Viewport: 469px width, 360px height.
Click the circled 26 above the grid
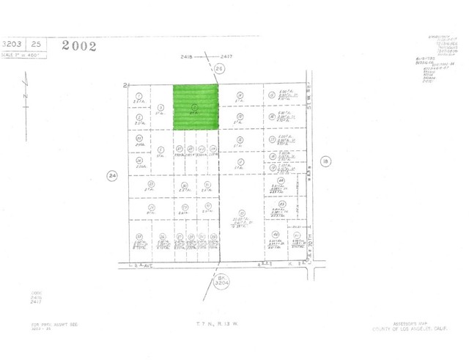pyautogui.click(x=218, y=68)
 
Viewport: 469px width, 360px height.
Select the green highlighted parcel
pyautogui.click(x=196, y=107)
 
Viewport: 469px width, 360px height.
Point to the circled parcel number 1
pyautogui.click(x=138, y=95)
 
